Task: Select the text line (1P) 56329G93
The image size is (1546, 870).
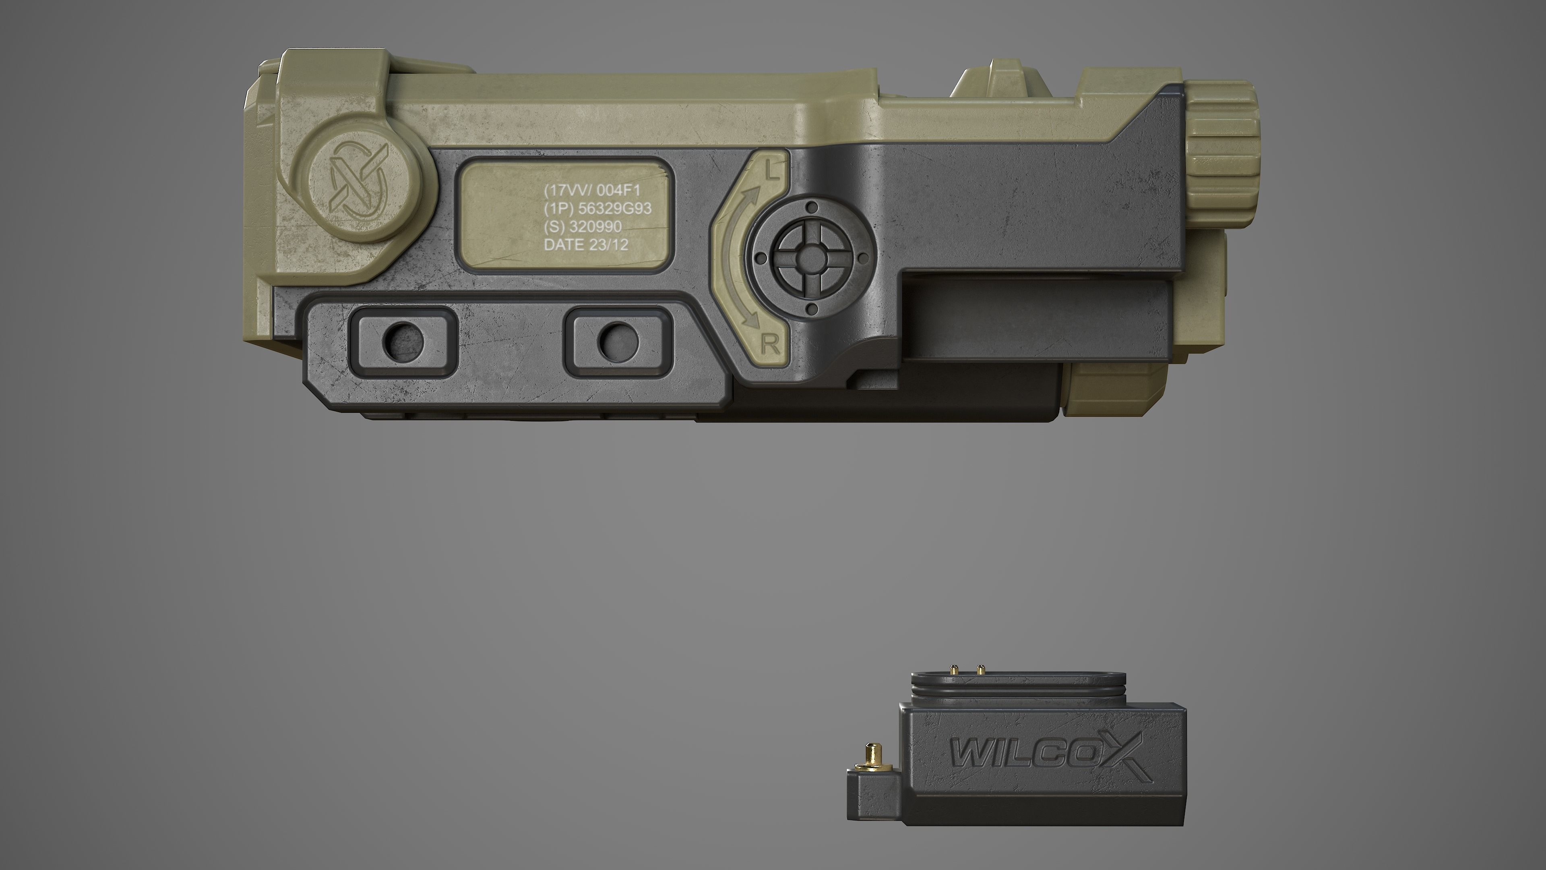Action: click(597, 208)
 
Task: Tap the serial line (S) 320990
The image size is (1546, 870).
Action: click(582, 226)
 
